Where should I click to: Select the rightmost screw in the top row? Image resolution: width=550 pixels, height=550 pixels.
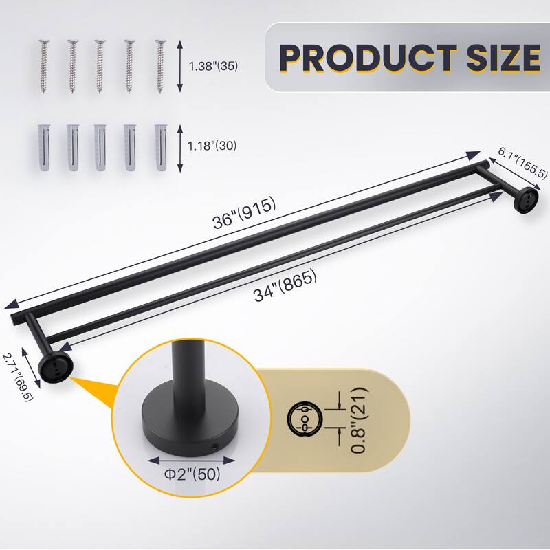161,67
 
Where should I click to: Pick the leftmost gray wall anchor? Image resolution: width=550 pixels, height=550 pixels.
43,147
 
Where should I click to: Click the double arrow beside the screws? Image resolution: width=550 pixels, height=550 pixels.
180,67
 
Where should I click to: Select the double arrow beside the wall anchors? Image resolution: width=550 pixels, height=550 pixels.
180,147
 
